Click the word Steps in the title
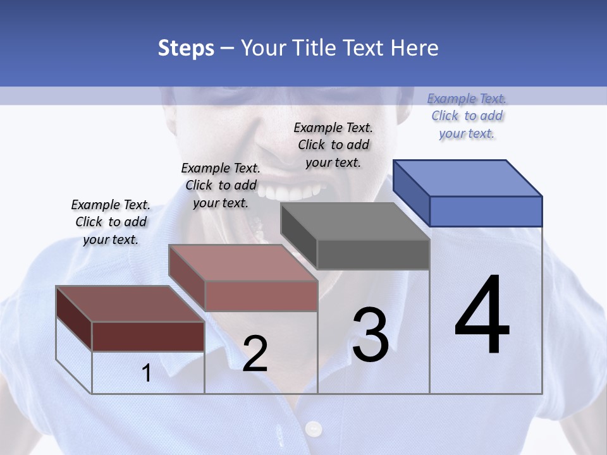point(186,48)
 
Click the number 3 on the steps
point(371,335)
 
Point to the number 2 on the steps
point(255,354)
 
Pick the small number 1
point(147,373)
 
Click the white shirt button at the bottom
point(314,430)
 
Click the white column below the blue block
point(486,367)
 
